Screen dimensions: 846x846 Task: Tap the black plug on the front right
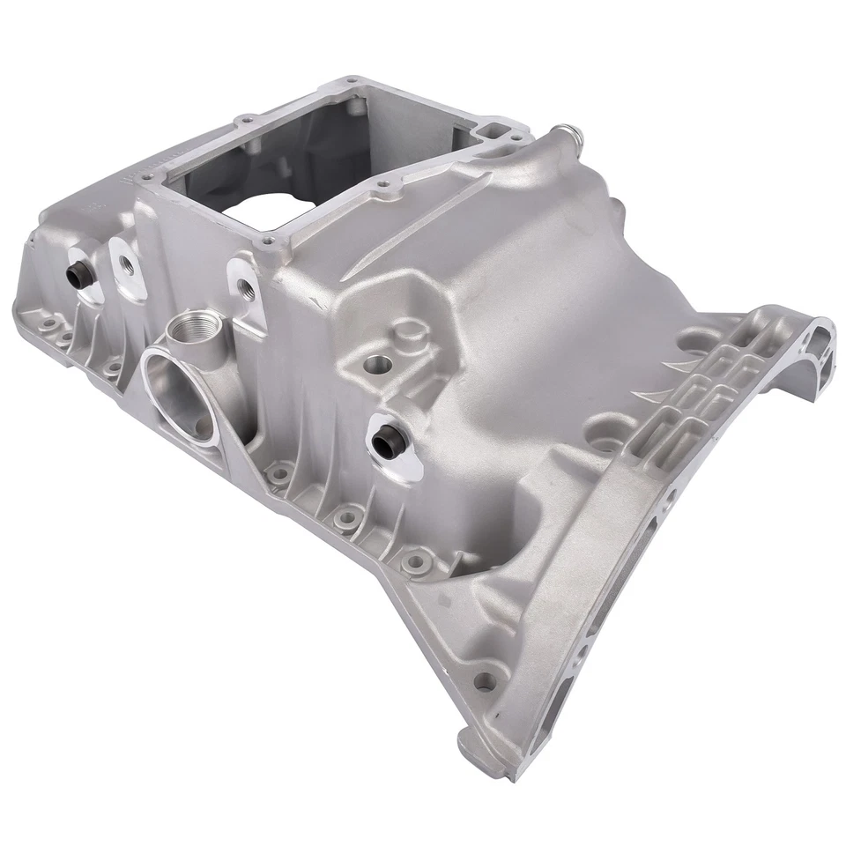click(x=385, y=436)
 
